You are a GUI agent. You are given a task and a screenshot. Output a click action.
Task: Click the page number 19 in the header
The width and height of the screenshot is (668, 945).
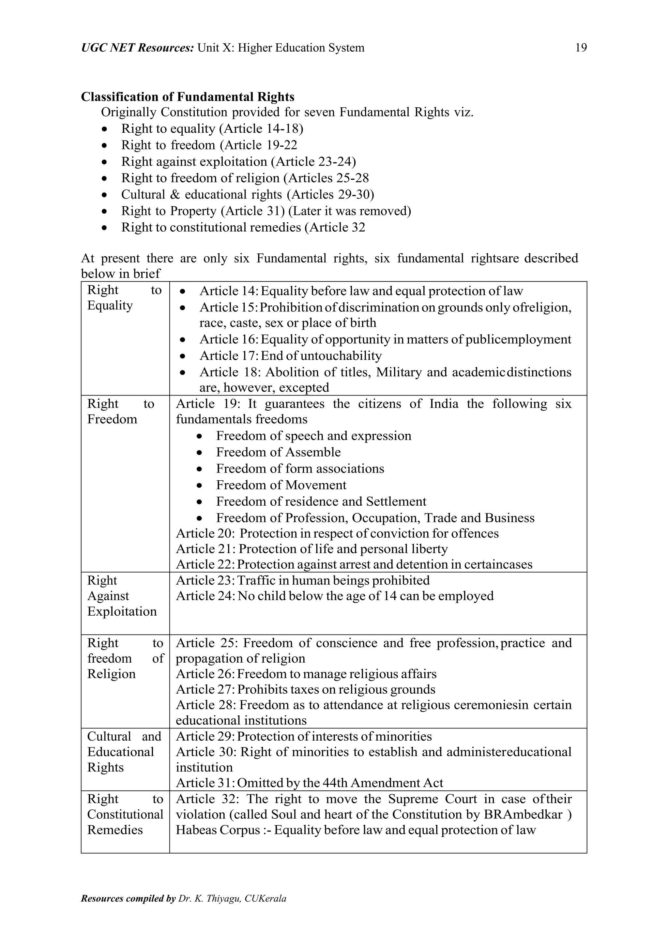pos(580,48)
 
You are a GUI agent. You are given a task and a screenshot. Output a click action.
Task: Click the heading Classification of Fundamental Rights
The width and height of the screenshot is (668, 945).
pos(188,97)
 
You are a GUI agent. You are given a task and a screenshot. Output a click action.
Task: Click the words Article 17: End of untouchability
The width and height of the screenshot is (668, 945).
pos(291,356)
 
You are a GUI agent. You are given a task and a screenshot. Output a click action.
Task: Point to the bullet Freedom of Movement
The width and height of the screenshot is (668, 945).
pos(281,485)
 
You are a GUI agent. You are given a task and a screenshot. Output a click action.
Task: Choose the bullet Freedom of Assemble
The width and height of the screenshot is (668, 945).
pos(278,452)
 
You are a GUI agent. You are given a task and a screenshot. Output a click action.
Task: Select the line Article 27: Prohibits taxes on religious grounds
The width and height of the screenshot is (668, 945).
pos(305,689)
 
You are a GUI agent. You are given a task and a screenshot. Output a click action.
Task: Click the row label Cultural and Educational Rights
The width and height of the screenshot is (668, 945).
pos(124,752)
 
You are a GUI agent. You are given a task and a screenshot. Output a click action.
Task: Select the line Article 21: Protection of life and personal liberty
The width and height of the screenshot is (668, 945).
pos(311,549)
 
